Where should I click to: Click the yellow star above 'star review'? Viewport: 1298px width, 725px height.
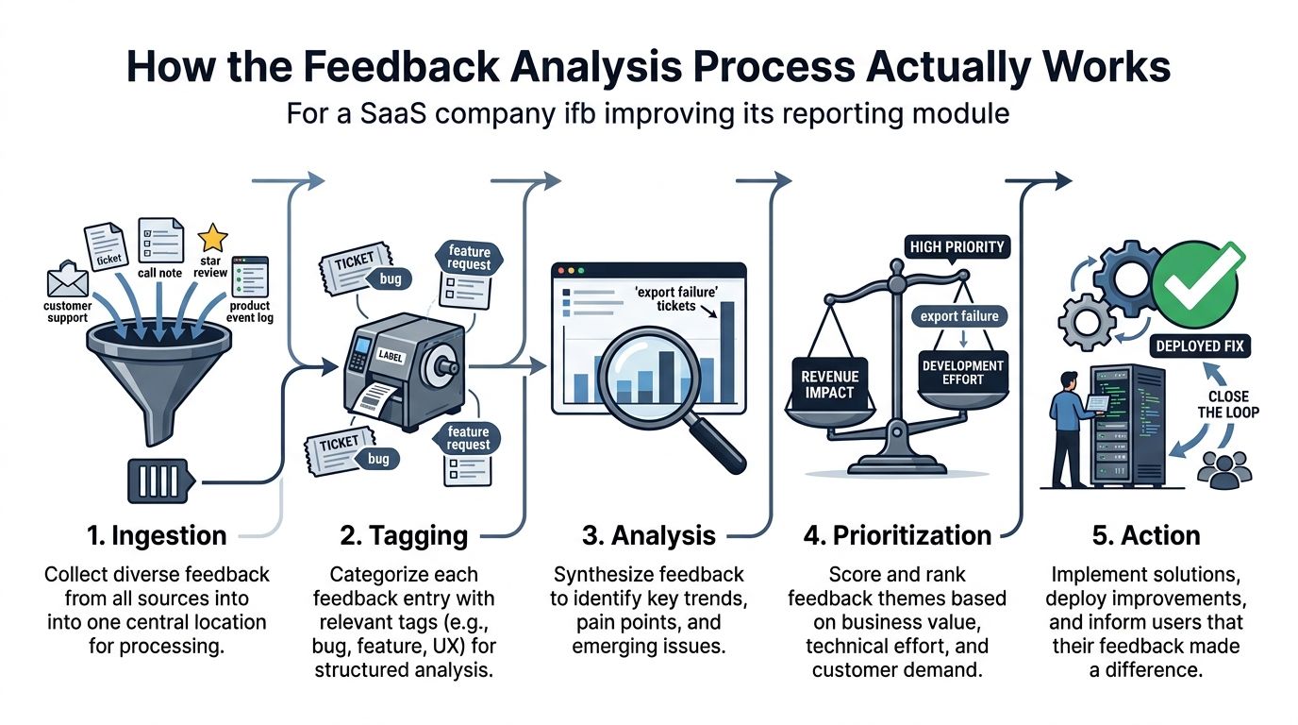click(x=212, y=237)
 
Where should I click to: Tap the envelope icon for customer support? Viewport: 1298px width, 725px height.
click(x=68, y=279)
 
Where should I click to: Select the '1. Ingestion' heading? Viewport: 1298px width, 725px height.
click(x=157, y=535)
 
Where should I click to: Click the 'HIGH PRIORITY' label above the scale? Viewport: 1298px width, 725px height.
click(x=957, y=247)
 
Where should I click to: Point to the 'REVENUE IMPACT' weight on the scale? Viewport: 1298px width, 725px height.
click(x=829, y=384)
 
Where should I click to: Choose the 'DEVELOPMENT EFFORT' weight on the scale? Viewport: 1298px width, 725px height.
click(x=962, y=372)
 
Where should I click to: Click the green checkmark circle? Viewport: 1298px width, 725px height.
click(x=1195, y=285)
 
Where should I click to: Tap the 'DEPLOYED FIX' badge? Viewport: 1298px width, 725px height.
click(x=1200, y=346)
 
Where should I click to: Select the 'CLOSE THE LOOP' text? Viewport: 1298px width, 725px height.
click(x=1228, y=404)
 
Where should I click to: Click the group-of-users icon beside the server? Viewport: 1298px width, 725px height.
click(x=1223, y=470)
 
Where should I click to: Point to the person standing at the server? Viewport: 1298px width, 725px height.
click(x=1070, y=430)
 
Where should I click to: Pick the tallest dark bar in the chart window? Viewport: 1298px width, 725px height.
click(x=726, y=351)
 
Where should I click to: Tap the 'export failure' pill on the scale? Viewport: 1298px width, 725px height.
click(x=959, y=316)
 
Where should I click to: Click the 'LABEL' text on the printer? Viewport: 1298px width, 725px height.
click(x=390, y=355)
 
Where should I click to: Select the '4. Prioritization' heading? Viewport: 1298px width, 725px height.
click(x=897, y=535)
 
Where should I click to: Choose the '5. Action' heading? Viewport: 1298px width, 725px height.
click(x=1145, y=535)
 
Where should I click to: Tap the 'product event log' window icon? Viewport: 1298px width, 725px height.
click(x=250, y=277)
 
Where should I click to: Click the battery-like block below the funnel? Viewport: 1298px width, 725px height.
click(x=160, y=481)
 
